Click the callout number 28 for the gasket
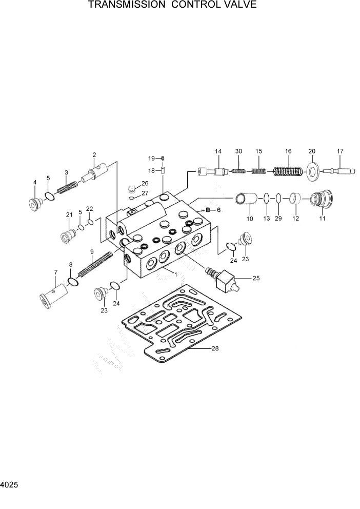pos(215,348)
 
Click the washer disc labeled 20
pos(311,170)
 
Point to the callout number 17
pos(340,151)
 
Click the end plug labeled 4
pos(35,203)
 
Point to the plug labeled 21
pos(68,236)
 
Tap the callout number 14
pos(218,151)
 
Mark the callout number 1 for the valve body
pos(175,275)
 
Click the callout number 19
pos(152,158)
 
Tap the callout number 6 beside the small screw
pos(218,210)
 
